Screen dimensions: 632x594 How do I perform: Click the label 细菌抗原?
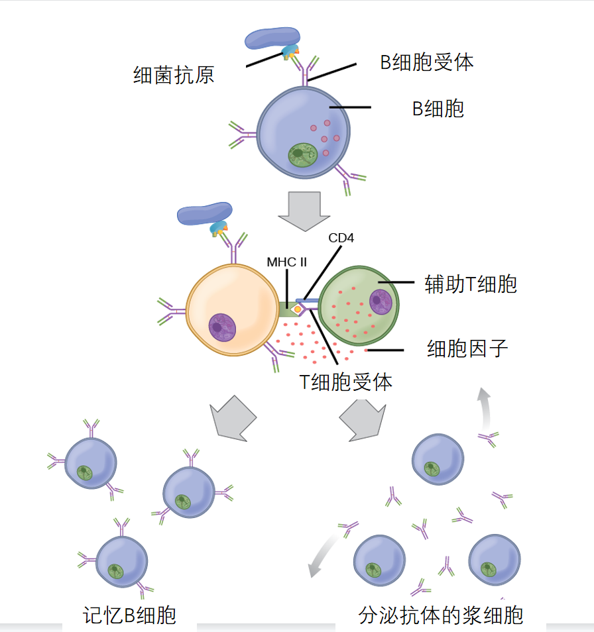(x=174, y=75)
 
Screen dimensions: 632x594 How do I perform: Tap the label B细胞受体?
(x=426, y=63)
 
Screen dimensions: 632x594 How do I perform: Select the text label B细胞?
(x=438, y=108)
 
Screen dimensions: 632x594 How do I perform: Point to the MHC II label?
(x=286, y=262)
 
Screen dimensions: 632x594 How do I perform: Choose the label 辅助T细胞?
(x=471, y=284)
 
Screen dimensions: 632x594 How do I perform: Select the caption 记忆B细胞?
(x=130, y=615)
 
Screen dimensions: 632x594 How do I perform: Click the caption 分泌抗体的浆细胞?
(x=441, y=615)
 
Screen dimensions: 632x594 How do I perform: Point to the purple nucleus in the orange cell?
(x=222, y=327)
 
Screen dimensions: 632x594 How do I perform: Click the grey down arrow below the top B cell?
(x=304, y=211)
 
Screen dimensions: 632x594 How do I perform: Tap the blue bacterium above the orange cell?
(x=206, y=213)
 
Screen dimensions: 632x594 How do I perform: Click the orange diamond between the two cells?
(x=298, y=309)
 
